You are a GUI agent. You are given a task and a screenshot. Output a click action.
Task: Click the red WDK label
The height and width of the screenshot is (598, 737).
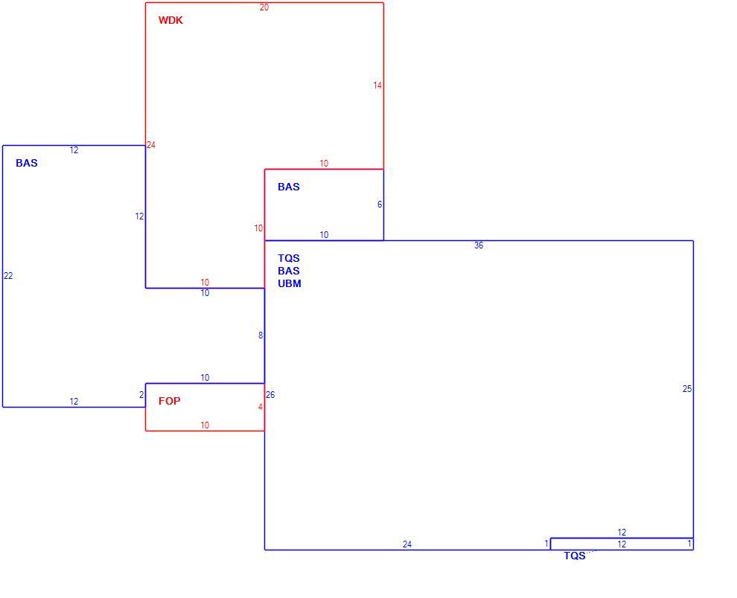(x=170, y=20)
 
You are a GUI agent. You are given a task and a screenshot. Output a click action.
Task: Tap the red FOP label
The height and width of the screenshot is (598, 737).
(x=169, y=401)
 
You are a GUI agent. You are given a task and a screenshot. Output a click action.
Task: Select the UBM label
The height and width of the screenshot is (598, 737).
(x=290, y=283)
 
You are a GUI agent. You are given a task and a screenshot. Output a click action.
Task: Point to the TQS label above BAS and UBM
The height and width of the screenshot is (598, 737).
(x=289, y=258)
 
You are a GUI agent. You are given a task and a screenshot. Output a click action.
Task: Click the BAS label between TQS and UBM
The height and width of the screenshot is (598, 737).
(x=289, y=271)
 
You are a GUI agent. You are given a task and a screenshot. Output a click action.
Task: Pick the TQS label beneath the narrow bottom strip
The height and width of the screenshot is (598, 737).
(x=575, y=556)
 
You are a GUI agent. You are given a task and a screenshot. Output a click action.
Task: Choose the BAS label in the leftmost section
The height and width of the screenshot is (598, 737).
(x=27, y=163)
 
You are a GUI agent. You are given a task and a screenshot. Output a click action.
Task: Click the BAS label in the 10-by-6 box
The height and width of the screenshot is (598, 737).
(x=289, y=187)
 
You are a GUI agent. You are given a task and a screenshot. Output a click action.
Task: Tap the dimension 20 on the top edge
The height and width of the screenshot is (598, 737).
(x=264, y=7)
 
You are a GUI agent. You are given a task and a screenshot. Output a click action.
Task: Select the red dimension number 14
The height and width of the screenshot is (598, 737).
(x=377, y=85)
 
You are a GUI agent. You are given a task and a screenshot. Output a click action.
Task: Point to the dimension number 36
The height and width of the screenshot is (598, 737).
(x=479, y=245)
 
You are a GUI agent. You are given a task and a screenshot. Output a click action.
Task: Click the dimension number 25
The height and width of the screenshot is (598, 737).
(x=687, y=388)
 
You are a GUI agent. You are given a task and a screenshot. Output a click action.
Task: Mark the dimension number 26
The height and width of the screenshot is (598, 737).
(x=270, y=395)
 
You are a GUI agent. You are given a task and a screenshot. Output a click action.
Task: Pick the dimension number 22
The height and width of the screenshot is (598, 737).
(x=8, y=276)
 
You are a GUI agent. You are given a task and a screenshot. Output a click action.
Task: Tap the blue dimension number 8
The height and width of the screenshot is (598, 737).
(x=261, y=335)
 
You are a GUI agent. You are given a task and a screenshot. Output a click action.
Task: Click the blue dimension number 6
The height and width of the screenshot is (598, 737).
(x=380, y=205)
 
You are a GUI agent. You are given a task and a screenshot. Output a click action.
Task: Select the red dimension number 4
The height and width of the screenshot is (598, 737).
(x=261, y=407)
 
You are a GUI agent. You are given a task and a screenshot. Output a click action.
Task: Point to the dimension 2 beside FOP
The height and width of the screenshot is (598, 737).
(x=141, y=395)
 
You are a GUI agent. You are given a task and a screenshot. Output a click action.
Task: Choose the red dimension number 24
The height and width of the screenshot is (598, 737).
(x=151, y=145)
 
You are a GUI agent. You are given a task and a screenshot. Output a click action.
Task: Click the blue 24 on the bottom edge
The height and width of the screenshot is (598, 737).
(x=407, y=544)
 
